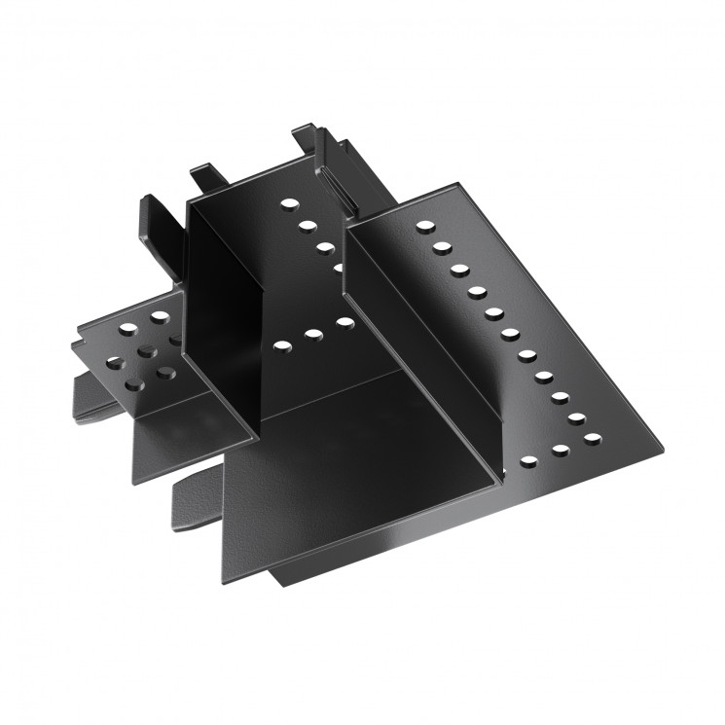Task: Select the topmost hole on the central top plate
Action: click(x=288, y=204)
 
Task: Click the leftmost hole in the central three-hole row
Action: click(x=282, y=344)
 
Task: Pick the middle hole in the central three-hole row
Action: click(x=313, y=334)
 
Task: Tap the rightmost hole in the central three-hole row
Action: click(x=345, y=322)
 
